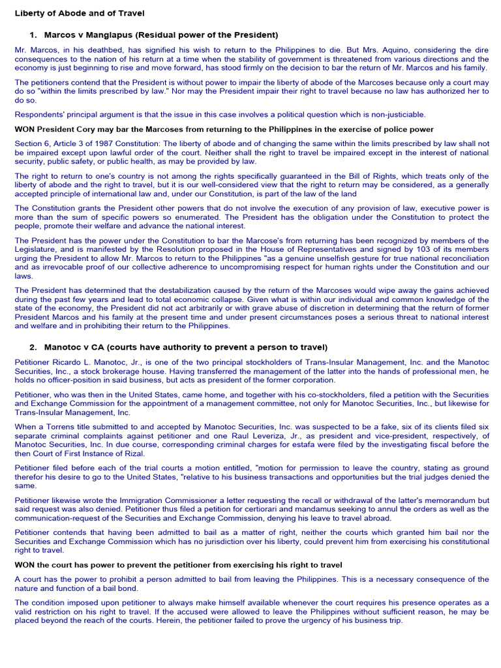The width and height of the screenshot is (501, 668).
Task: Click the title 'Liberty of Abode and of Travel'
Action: tap(80, 13)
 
